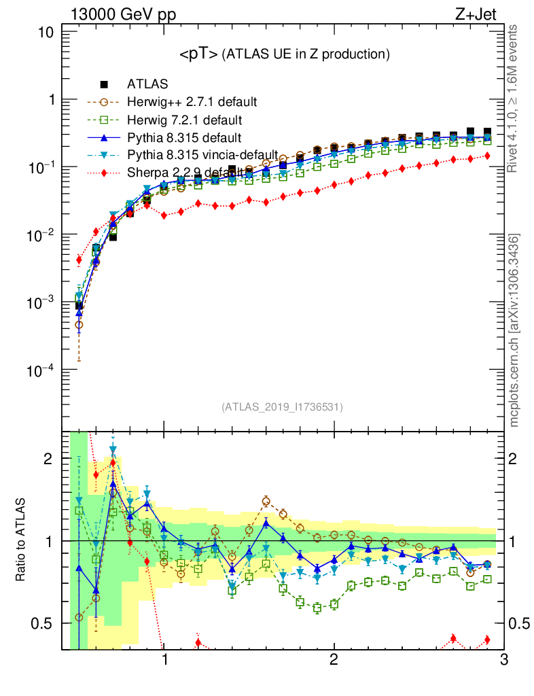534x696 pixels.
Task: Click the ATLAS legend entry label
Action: click(x=147, y=84)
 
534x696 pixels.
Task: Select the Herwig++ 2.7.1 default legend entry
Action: click(x=192, y=102)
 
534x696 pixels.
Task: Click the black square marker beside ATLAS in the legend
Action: click(x=104, y=84)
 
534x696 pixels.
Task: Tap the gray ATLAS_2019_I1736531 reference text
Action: click(x=283, y=407)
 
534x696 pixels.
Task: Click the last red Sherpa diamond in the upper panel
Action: click(x=486, y=156)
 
